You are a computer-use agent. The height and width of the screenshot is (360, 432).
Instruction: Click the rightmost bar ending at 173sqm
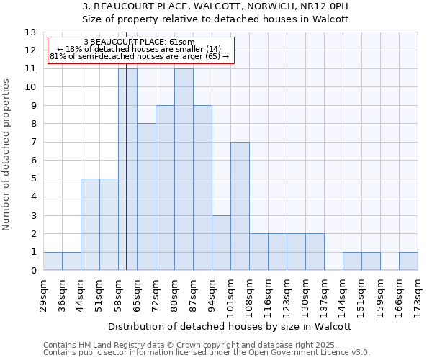point(408,261)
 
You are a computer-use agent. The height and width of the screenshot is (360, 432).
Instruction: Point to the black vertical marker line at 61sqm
point(126,180)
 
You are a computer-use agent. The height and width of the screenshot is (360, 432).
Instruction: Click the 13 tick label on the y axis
point(30,32)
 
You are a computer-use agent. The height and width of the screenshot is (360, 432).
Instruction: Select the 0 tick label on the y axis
point(33,271)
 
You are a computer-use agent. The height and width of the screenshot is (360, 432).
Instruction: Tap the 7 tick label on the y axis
point(33,143)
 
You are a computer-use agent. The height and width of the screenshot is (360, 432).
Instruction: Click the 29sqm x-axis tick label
point(43,291)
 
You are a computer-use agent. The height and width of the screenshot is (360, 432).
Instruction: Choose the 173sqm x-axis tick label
point(418,291)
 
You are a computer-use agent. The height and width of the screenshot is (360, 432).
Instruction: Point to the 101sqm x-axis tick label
point(230,292)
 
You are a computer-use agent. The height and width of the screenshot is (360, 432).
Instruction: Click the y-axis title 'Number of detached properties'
point(7,155)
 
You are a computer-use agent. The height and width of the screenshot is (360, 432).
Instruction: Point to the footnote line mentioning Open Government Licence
point(207,353)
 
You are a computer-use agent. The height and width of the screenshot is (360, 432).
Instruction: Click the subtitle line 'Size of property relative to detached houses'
point(215,19)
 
